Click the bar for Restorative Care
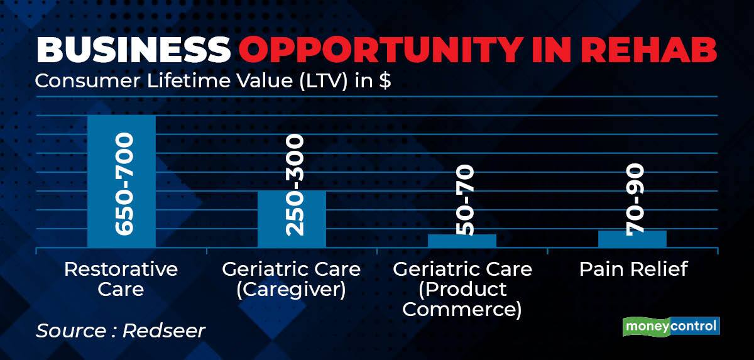coord(121,182)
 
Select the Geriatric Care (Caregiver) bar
coord(292,219)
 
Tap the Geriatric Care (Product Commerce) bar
coord(462,241)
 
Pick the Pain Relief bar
coord(632,239)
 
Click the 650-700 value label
coord(124,183)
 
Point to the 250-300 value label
coord(295,185)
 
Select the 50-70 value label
coord(465,200)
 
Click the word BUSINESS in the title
coord(133,50)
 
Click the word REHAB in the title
coord(648,50)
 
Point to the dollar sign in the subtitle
coord(385,81)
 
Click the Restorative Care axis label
coord(121,279)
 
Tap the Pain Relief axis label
coord(633,269)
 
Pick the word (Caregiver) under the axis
coord(291,290)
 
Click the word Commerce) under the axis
coord(462,310)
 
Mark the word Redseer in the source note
coord(163,330)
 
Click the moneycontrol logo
coord(671,326)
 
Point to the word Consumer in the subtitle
coord(87,81)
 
